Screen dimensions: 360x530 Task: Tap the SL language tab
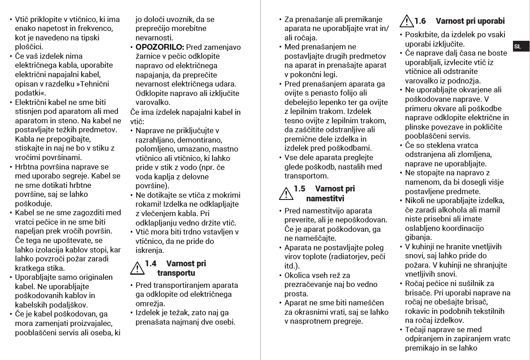click(x=517, y=47)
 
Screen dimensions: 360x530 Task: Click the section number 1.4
click(x=151, y=264)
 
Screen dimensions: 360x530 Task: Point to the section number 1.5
click(x=300, y=189)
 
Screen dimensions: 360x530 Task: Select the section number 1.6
click(x=420, y=21)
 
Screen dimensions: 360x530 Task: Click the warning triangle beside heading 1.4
click(x=136, y=268)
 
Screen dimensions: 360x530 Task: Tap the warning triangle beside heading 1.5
click(x=285, y=193)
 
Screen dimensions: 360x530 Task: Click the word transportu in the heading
click(x=176, y=273)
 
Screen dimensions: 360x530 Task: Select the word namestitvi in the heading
click(x=325, y=198)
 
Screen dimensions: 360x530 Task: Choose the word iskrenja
click(x=150, y=250)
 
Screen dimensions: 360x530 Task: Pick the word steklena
click(x=450, y=145)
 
